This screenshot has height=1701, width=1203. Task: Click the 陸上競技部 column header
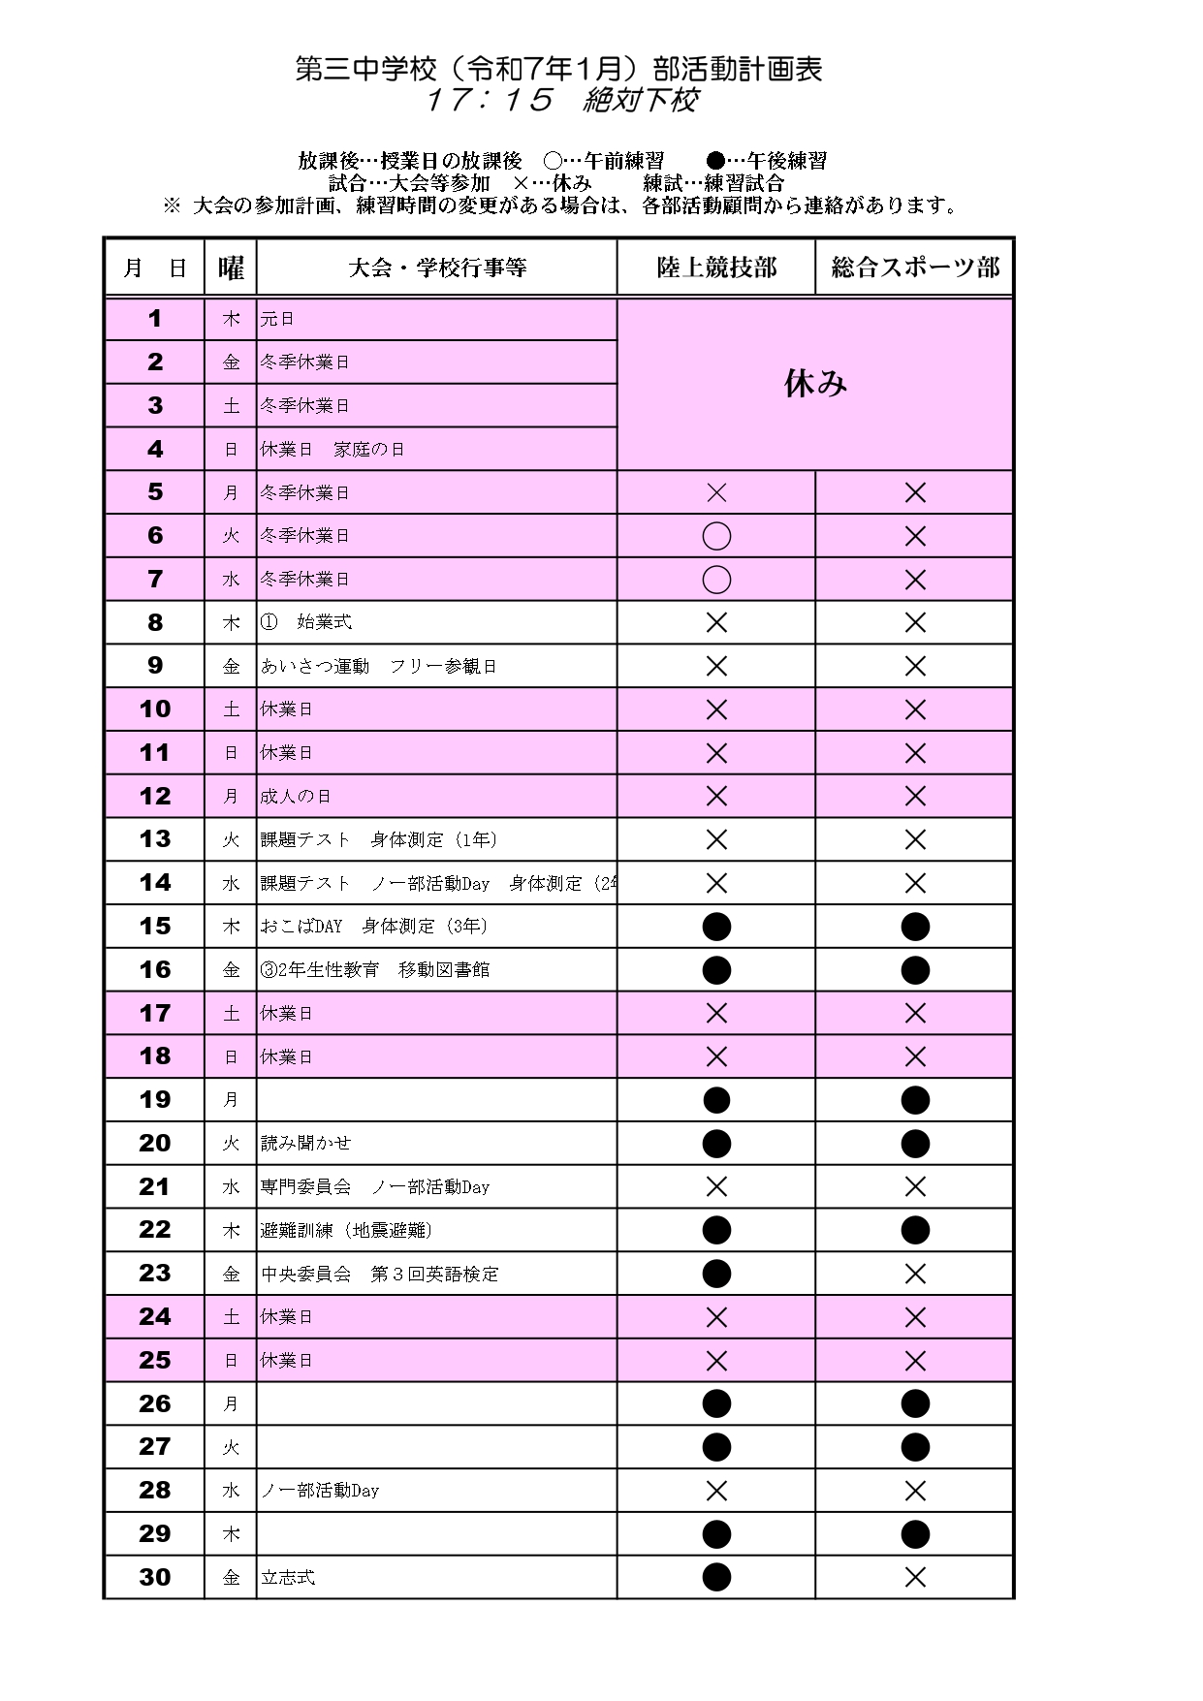coord(716,268)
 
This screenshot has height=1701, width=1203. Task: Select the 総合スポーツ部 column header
coord(914,268)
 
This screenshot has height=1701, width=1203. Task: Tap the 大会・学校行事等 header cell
coord(437,268)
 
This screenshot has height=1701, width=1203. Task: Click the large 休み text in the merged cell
coord(815,384)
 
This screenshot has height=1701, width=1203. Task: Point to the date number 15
coord(154,926)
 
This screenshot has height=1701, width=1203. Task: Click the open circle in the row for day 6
coord(716,536)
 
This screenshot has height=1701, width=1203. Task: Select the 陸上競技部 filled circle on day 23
coord(716,1274)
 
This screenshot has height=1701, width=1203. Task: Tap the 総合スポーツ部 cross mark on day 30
coord(914,1577)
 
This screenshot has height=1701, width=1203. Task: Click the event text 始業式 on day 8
coord(324,622)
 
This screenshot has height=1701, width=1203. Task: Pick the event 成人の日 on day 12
coord(296,796)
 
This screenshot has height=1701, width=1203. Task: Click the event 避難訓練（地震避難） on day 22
coord(347,1230)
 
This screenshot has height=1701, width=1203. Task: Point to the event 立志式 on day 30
coord(288,1577)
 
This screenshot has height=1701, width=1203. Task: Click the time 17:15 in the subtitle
coord(490,100)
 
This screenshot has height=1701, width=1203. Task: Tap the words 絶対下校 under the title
coord(640,100)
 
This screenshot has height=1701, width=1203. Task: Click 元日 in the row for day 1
coord(277,319)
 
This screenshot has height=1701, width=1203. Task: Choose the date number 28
coord(154,1490)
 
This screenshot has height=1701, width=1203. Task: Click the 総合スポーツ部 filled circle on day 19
coord(914,1100)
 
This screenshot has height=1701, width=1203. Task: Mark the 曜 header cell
coord(231,268)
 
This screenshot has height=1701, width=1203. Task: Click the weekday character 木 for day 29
coord(231,1533)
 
